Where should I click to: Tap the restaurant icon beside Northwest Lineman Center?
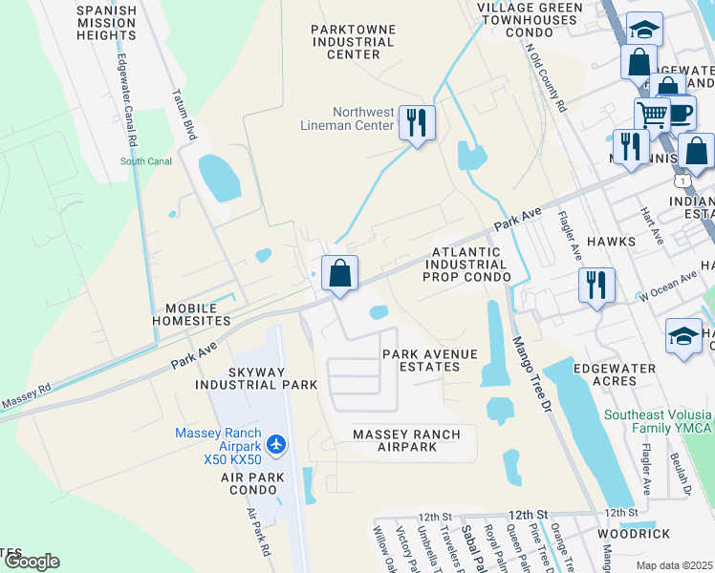(x=417, y=122)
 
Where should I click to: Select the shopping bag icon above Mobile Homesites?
(x=339, y=274)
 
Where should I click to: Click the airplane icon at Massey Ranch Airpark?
(x=277, y=444)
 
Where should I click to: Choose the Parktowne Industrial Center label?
(x=353, y=42)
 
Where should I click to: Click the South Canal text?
(x=145, y=161)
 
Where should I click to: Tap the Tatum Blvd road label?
(x=185, y=116)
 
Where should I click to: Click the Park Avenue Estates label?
(x=429, y=361)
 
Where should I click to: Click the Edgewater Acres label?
(x=614, y=374)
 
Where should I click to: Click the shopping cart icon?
(x=653, y=116)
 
